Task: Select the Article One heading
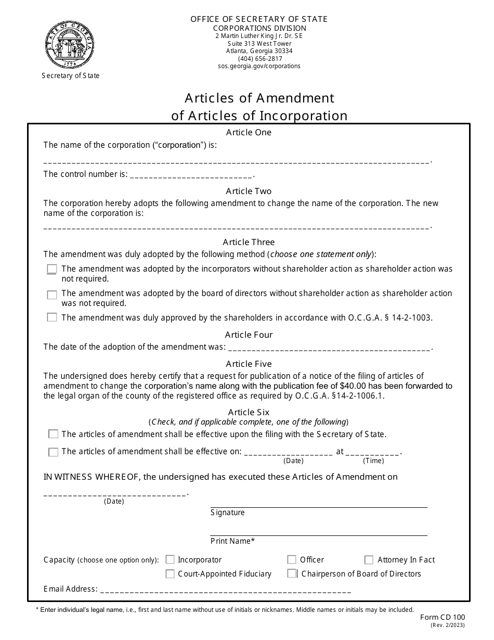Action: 249,133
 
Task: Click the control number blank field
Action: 191,175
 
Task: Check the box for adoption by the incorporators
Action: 52,269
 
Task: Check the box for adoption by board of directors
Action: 52,295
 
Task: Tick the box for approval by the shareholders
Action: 52,317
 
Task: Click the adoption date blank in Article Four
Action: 329,348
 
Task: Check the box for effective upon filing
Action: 53,434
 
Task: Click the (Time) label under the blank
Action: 373,460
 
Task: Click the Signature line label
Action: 227,513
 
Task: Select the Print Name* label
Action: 232,541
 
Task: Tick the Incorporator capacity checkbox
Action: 170,560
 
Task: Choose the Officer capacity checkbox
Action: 292,560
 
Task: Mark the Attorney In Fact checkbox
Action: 369,560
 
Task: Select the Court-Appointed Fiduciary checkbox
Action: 170,574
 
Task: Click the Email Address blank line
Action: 225,590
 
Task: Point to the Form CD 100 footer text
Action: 443,617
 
